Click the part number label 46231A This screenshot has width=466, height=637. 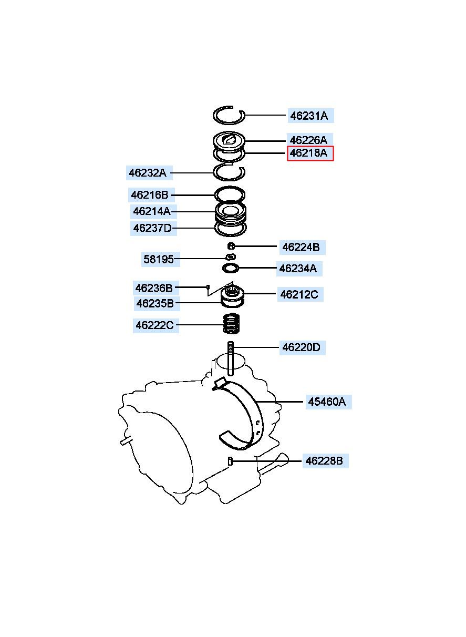309,116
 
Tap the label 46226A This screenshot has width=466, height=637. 308,140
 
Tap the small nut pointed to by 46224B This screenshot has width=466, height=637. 231,245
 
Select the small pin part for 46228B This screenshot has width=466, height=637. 230,461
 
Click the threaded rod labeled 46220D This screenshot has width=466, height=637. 231,359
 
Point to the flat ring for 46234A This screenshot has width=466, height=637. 231,268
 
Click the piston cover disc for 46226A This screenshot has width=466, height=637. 229,141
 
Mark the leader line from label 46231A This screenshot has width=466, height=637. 265,115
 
